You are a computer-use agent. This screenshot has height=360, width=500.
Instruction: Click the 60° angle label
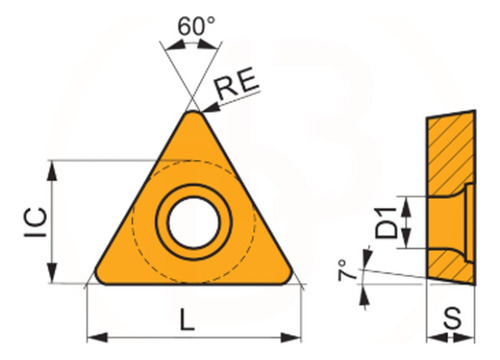(196, 26)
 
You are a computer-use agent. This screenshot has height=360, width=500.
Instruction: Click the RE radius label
(236, 83)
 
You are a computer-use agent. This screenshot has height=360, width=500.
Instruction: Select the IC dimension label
(35, 222)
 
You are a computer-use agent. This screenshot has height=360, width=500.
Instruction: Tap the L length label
(187, 319)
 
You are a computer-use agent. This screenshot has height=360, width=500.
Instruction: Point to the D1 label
(386, 223)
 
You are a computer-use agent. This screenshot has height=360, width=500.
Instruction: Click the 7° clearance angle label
(347, 270)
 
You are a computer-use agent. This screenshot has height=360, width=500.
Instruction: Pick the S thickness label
(453, 318)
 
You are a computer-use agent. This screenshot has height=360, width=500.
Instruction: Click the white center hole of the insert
(194, 222)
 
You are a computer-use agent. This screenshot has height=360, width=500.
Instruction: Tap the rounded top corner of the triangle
(193, 113)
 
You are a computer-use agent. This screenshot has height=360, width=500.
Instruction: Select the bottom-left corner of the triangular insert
(99, 279)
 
